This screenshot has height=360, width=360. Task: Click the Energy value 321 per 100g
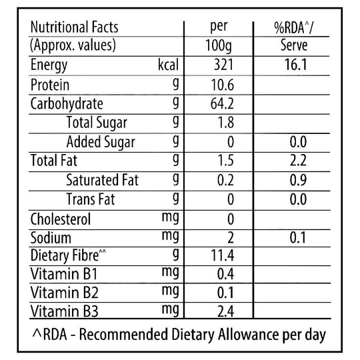(x=223, y=65)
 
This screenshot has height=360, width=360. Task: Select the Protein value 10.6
(x=222, y=85)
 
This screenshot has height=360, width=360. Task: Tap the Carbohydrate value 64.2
(x=222, y=104)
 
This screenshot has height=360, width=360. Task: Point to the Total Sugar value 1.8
(x=226, y=123)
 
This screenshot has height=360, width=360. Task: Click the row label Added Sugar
(x=101, y=142)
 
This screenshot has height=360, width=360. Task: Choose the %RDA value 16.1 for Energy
(x=296, y=65)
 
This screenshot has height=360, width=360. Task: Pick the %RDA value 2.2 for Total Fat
(x=298, y=161)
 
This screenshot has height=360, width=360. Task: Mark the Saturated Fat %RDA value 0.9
(x=298, y=180)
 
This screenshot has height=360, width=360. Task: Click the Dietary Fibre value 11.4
(x=222, y=255)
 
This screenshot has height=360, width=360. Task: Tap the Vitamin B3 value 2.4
(x=226, y=311)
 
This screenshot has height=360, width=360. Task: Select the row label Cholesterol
(x=61, y=219)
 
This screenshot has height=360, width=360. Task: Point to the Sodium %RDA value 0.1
(x=297, y=237)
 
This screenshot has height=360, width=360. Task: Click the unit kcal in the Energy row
(x=168, y=65)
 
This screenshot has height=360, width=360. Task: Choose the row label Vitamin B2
(x=64, y=293)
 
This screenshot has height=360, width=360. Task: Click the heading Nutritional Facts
(x=74, y=27)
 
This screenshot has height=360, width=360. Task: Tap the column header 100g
(x=219, y=46)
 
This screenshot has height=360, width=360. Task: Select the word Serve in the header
(x=294, y=45)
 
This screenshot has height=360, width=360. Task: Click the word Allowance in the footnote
(x=249, y=335)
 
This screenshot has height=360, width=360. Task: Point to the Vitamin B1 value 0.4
(x=226, y=274)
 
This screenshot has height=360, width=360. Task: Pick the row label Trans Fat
(x=91, y=199)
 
